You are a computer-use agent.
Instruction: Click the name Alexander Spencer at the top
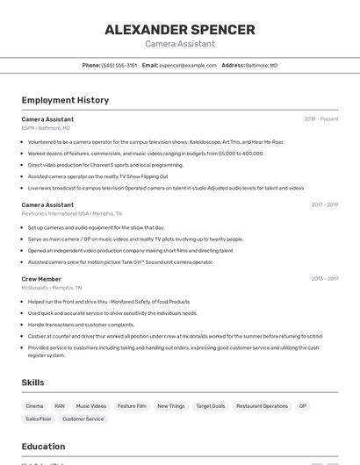click(x=180, y=30)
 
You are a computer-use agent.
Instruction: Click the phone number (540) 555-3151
click(x=119, y=65)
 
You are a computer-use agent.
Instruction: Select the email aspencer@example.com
click(x=188, y=65)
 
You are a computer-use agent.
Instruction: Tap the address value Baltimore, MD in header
click(x=262, y=65)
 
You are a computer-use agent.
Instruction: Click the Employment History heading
click(x=65, y=100)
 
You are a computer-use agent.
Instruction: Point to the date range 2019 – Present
click(x=321, y=119)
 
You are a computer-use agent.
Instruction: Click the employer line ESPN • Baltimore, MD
click(x=46, y=128)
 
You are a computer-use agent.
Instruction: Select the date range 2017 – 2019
click(x=324, y=205)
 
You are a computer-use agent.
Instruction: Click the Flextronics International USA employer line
click(x=72, y=213)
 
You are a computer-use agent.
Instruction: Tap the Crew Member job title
click(x=41, y=279)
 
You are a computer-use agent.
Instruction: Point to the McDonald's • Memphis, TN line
click(x=52, y=288)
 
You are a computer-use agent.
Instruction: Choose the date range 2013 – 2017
click(x=324, y=279)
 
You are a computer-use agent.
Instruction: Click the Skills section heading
click(x=32, y=383)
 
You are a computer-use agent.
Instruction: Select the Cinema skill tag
click(x=34, y=406)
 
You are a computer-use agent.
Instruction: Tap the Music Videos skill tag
click(x=91, y=406)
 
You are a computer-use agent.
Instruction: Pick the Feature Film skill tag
click(x=133, y=406)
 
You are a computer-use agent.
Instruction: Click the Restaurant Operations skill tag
click(x=262, y=406)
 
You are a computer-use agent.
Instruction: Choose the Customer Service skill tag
click(x=83, y=419)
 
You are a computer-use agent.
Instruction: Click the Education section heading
click(x=43, y=447)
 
